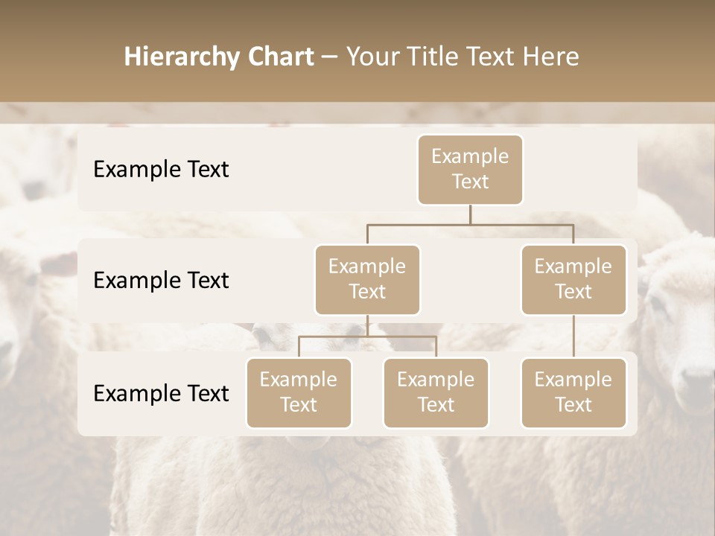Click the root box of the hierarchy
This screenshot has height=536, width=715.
(x=470, y=169)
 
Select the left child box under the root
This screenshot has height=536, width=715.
(x=367, y=279)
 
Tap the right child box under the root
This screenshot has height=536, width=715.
(x=573, y=279)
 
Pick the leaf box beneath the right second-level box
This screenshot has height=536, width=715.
(x=573, y=392)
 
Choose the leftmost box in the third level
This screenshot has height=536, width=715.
(x=299, y=392)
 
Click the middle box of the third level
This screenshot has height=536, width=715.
(x=436, y=392)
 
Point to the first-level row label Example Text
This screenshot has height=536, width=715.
(x=161, y=170)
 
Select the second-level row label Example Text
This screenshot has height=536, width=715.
(x=161, y=281)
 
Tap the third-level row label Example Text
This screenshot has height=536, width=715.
(x=161, y=394)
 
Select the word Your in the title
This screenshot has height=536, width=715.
(x=371, y=57)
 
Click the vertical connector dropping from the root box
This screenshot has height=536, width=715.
(x=470, y=214)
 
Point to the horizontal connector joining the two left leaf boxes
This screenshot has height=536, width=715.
(x=367, y=336)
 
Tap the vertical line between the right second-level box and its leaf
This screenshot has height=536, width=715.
(x=573, y=336)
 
